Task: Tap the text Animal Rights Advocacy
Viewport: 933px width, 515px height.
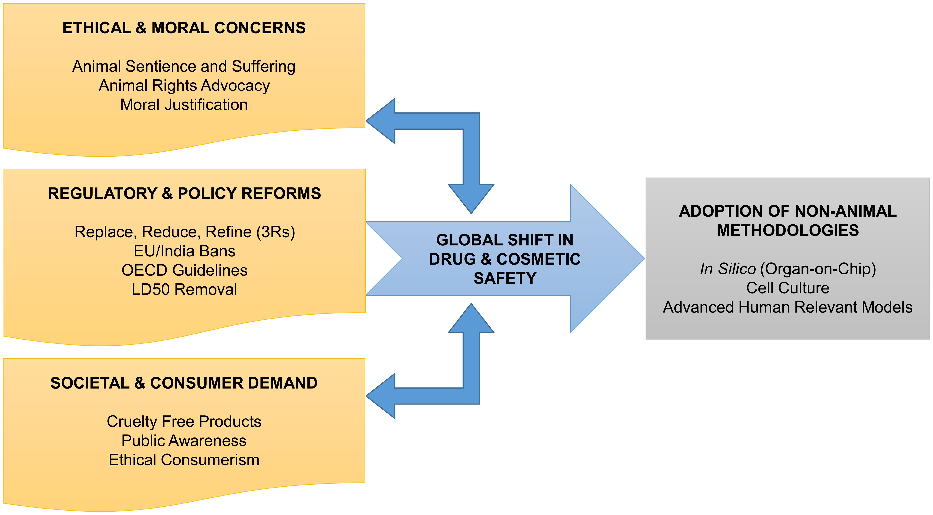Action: coord(184,85)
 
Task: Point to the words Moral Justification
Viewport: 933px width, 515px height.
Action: coord(184,105)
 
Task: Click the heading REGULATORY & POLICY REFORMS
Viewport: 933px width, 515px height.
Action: coord(184,193)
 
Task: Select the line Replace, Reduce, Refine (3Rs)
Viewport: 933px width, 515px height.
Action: coord(185,232)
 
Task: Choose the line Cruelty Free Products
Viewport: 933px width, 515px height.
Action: coord(184,421)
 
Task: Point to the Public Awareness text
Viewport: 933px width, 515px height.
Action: coord(184,440)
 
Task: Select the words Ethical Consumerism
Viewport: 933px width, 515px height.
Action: coord(184,460)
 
